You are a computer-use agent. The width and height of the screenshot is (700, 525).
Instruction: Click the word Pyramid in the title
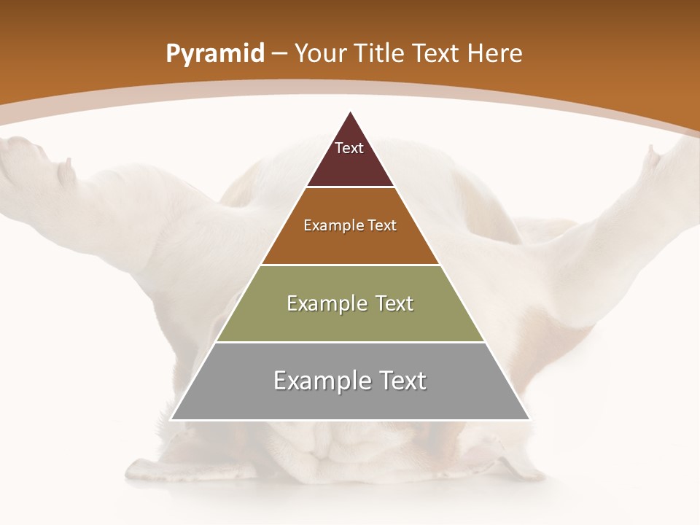(x=215, y=54)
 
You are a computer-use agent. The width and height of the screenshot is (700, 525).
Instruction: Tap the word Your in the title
(x=320, y=54)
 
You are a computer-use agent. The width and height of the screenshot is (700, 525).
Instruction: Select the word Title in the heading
(x=380, y=54)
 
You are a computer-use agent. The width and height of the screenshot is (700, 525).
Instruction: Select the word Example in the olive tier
(x=324, y=304)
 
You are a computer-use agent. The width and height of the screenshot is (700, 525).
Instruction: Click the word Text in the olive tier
(x=392, y=304)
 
